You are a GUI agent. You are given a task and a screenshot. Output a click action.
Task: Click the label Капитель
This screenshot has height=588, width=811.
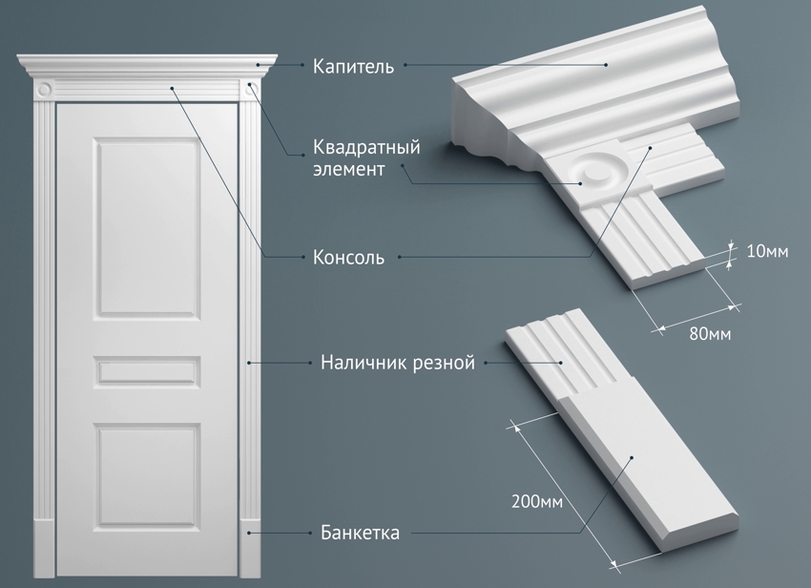(x=353, y=66)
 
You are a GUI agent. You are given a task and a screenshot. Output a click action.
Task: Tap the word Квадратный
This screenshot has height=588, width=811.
(x=366, y=148)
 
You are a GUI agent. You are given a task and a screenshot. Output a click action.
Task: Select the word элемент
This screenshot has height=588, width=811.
(x=348, y=169)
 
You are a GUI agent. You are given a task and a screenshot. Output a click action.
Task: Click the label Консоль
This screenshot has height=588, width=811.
(x=348, y=258)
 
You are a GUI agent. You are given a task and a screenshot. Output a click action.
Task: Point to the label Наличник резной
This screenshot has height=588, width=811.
(x=397, y=363)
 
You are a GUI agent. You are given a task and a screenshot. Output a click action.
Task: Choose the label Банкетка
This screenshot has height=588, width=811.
(x=360, y=533)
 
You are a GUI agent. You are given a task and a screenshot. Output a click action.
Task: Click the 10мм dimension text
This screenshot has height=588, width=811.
(x=767, y=252)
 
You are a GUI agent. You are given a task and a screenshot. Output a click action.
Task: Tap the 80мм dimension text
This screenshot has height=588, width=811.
(x=710, y=334)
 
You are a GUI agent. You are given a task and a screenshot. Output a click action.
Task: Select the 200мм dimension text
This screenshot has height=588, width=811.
(x=537, y=501)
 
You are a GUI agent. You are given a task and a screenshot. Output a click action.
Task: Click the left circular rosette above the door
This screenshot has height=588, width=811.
(x=45, y=89)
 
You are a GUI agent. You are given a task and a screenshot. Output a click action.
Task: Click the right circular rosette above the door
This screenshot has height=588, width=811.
(x=251, y=89)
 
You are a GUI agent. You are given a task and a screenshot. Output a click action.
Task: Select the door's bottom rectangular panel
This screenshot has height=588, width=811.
(x=147, y=476)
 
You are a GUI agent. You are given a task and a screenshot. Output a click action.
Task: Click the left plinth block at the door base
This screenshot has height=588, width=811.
(x=44, y=548)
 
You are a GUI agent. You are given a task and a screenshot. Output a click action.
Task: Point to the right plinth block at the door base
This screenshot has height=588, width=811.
(x=250, y=548)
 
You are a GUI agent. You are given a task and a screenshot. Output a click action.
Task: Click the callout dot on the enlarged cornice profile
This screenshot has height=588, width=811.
(x=607, y=65)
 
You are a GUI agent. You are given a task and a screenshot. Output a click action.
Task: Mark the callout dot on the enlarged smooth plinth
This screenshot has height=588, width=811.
(x=632, y=457)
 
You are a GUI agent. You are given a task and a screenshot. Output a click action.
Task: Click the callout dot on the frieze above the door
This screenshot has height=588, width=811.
(x=172, y=88)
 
